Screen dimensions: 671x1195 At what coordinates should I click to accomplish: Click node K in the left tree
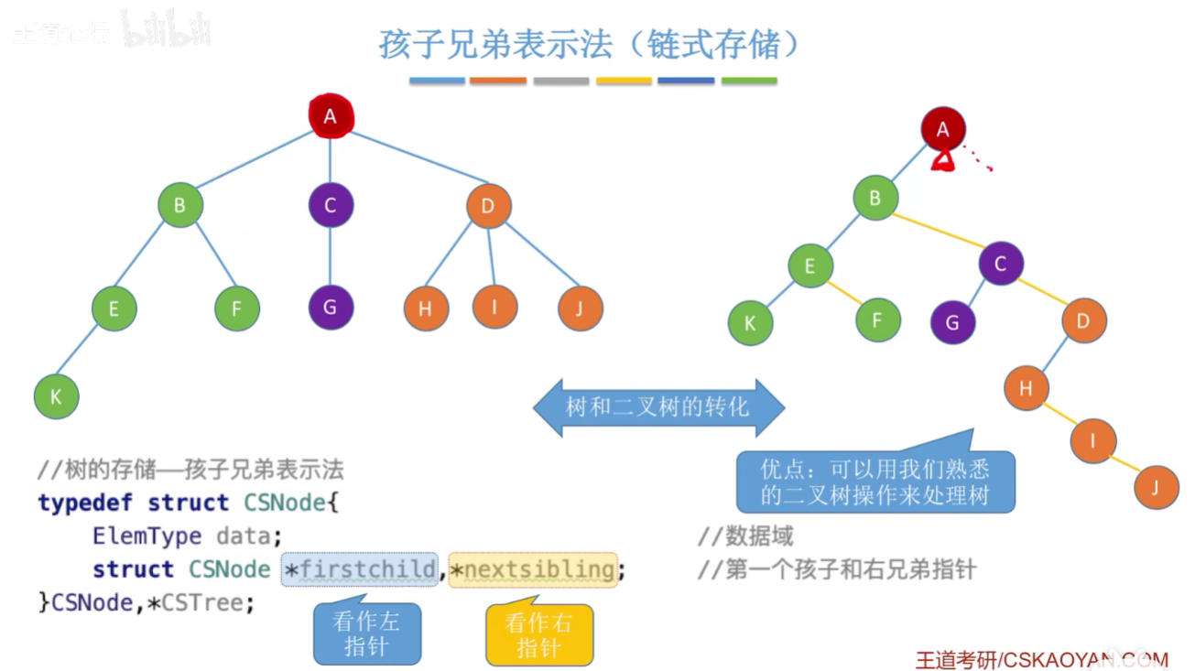(x=56, y=397)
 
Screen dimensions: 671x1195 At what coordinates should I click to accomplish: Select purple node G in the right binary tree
(x=952, y=322)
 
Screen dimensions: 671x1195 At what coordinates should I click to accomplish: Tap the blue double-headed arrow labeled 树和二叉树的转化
(x=658, y=406)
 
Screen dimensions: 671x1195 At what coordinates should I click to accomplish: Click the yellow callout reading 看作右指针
(x=538, y=634)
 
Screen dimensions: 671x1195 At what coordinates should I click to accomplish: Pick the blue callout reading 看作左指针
(x=366, y=634)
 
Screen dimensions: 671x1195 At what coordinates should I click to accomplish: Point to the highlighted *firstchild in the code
(x=360, y=569)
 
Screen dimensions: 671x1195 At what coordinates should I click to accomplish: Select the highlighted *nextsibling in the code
(x=532, y=569)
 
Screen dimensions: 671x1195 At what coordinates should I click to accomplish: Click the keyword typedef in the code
(x=86, y=503)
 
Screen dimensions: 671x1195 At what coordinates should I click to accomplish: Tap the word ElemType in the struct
(x=147, y=536)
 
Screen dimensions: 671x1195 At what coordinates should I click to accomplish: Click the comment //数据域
(x=744, y=536)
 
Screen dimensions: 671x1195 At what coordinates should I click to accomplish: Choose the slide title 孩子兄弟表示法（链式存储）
(x=589, y=43)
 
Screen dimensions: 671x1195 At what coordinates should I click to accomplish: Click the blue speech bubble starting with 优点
(x=875, y=482)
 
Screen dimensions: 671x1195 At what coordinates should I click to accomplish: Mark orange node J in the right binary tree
(x=1156, y=487)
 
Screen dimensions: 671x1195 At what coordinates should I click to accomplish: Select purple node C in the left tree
(x=331, y=205)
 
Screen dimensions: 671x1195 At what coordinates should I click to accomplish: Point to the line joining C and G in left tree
(x=331, y=256)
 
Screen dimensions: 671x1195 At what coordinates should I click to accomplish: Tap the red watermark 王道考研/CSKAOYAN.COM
(x=1042, y=660)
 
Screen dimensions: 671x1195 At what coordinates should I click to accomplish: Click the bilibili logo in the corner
(x=165, y=32)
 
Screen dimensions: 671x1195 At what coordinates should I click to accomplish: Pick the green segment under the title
(x=749, y=81)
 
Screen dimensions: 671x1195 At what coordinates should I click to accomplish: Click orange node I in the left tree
(x=494, y=308)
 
